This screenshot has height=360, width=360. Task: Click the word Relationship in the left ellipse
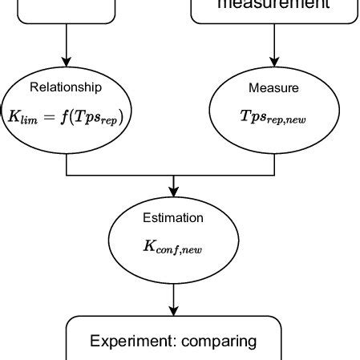pos(65,87)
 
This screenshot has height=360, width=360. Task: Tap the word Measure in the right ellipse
pos(274,87)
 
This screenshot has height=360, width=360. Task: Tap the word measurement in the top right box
pos(273,4)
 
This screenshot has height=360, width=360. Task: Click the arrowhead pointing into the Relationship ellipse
pos(66,62)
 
